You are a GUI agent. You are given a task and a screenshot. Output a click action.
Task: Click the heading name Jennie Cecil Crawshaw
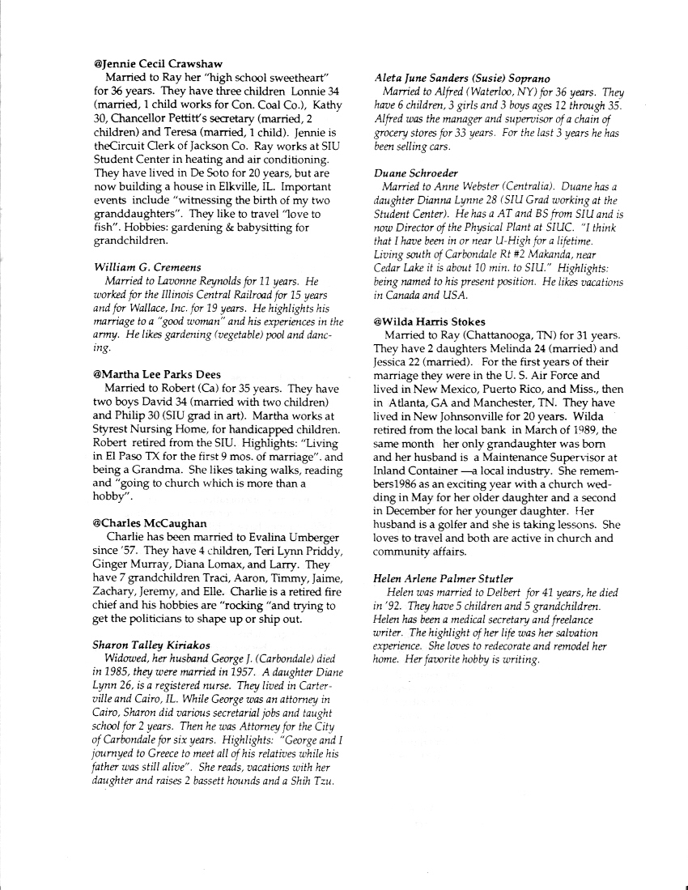[159, 63]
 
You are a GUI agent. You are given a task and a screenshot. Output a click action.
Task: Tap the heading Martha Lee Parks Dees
[157, 374]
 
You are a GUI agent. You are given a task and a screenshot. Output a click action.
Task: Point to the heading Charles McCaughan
[150, 523]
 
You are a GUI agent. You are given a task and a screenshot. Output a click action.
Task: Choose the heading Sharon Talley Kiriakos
[152, 645]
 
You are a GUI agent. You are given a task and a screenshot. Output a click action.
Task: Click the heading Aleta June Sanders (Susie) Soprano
[462, 78]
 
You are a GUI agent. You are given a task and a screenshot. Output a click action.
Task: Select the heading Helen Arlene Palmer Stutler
[443, 578]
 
